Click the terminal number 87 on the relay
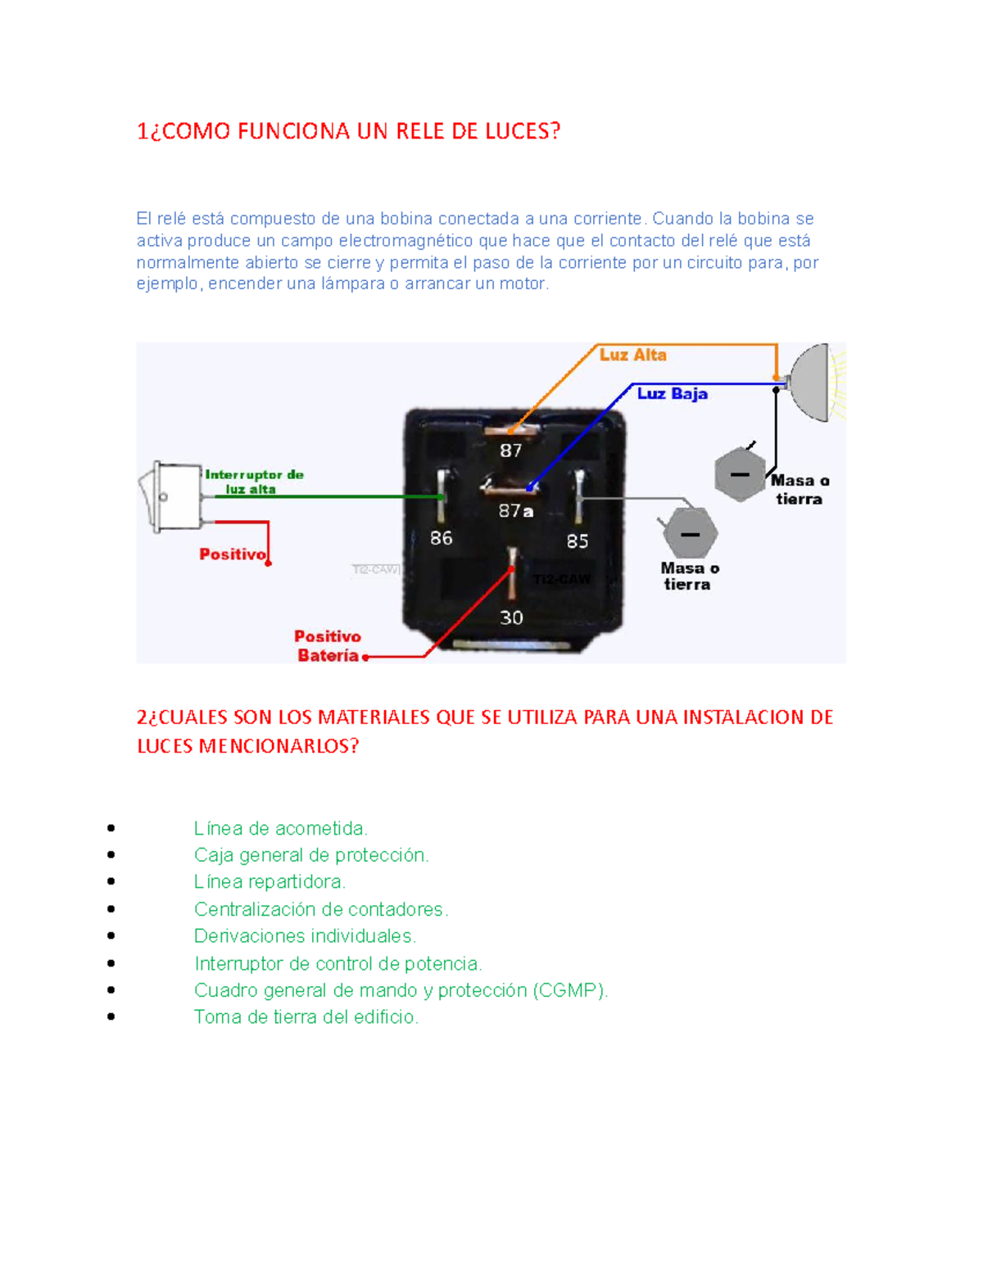click(x=510, y=450)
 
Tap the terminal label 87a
click(x=516, y=511)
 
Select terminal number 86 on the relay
click(x=441, y=538)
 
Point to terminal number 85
click(x=578, y=541)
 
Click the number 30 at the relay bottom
click(x=511, y=618)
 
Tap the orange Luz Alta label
click(x=632, y=355)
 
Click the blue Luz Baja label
click(x=672, y=394)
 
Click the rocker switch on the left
click(x=170, y=497)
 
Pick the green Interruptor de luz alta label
click(x=253, y=482)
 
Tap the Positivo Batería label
click(x=328, y=646)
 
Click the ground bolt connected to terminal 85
click(x=691, y=533)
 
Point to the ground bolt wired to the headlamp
click(x=739, y=474)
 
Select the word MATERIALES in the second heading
click(x=374, y=717)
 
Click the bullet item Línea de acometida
click(x=280, y=829)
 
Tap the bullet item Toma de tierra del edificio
click(x=306, y=1017)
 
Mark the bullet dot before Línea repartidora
click(x=111, y=882)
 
